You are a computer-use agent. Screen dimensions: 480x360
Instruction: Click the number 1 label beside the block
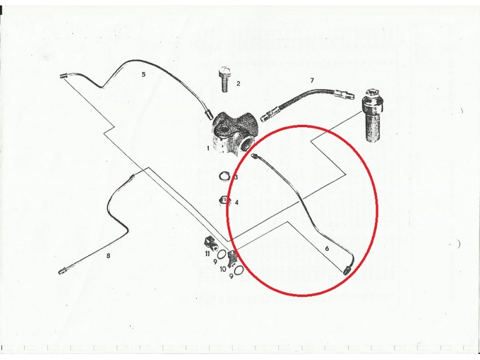(x=208, y=148)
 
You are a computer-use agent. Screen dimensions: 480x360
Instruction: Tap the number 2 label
(x=238, y=83)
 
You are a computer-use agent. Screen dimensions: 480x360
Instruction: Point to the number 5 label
(x=143, y=74)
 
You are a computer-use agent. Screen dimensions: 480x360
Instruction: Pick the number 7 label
(x=312, y=80)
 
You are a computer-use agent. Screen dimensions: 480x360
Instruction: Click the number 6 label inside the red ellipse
(x=327, y=248)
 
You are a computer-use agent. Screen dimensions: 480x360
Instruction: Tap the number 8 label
(x=108, y=256)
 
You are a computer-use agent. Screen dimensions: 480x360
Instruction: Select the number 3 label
(x=236, y=177)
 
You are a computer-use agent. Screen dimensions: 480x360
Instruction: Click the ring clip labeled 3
(x=224, y=176)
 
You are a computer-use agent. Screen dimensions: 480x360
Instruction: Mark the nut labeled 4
(x=224, y=202)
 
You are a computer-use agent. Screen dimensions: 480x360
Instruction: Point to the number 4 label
(x=236, y=202)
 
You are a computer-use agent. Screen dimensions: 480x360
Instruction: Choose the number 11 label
(x=208, y=254)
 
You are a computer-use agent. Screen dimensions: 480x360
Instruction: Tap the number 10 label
(x=223, y=269)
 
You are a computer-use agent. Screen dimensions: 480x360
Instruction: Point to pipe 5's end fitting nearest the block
(x=209, y=115)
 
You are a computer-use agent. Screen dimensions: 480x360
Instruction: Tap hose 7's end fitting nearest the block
(x=266, y=116)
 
